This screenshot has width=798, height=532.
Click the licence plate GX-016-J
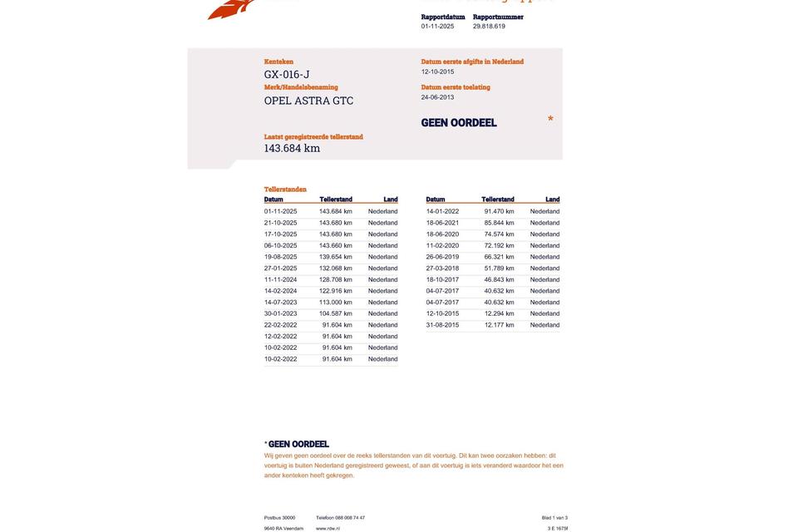(x=287, y=75)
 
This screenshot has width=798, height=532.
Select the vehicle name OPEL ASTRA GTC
(x=308, y=101)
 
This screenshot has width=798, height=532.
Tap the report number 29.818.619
(x=489, y=27)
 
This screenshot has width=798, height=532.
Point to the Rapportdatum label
(x=443, y=17)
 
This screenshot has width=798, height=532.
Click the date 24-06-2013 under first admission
(x=437, y=97)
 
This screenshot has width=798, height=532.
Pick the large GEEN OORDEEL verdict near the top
(x=459, y=123)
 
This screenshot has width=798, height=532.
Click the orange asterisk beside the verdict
(x=550, y=120)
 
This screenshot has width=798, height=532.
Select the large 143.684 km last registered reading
(x=292, y=148)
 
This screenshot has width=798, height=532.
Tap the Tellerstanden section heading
(x=285, y=190)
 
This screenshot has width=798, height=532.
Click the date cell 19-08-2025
(x=280, y=257)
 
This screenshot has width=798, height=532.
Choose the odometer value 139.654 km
(x=336, y=257)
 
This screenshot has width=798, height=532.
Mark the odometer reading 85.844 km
(x=499, y=223)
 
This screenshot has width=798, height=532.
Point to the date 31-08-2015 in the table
(x=442, y=325)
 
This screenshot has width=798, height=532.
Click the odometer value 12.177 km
(x=499, y=325)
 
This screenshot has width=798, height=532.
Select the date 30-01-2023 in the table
(x=280, y=313)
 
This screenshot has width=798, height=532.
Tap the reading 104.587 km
(x=336, y=313)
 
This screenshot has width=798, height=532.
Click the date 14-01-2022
(x=442, y=211)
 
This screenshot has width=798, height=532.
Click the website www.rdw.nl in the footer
(x=328, y=529)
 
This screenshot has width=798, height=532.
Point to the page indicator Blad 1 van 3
(x=554, y=518)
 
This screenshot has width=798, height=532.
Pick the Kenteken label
(x=278, y=62)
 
